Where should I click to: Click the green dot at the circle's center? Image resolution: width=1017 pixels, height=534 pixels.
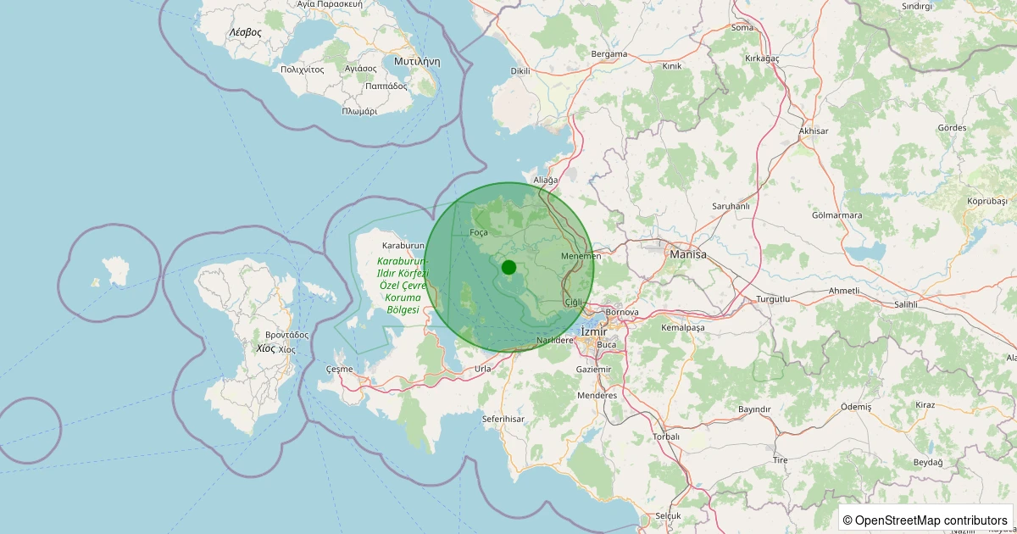(508, 267)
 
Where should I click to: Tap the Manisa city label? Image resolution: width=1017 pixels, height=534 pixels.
(687, 253)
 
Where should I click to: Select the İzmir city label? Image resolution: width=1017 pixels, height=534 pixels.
(593, 331)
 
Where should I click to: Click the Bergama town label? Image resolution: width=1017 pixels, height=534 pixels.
(609, 54)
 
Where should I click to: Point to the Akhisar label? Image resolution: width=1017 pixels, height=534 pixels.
(813, 131)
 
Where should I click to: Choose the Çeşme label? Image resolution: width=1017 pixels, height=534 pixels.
(339, 370)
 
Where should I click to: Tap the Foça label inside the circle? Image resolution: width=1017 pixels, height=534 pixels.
(479, 232)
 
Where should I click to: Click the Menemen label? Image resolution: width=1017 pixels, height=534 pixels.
(581, 256)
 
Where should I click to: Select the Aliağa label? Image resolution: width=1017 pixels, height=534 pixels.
(545, 181)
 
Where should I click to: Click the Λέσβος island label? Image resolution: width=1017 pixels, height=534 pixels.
(245, 32)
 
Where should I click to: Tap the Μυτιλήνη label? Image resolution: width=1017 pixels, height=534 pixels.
(417, 62)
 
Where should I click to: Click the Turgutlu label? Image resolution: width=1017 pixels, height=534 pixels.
(772, 300)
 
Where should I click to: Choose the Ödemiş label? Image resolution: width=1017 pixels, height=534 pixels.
(855, 407)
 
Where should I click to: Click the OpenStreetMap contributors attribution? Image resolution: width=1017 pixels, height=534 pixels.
(925, 520)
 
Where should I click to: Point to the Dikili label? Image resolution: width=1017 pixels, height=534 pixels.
(520, 71)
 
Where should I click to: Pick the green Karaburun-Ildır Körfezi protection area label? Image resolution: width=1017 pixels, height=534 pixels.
(403, 286)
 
